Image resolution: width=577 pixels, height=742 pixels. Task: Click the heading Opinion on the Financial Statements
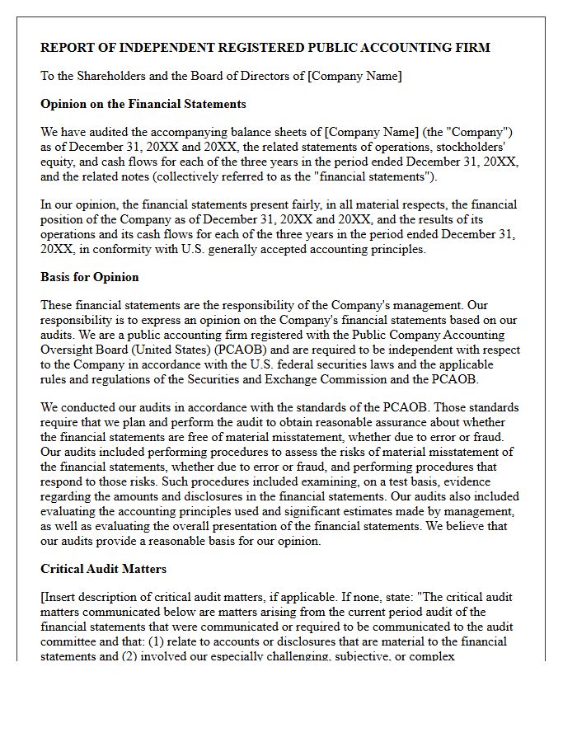(x=143, y=104)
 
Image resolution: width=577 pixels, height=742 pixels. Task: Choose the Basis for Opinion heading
(x=90, y=277)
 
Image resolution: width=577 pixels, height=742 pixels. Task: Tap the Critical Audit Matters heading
(x=104, y=569)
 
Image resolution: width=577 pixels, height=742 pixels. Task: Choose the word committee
(x=69, y=641)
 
